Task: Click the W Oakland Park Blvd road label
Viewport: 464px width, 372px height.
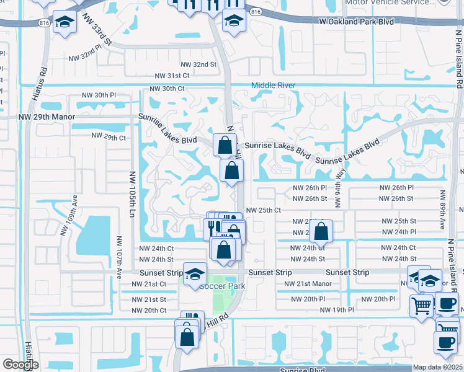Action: (x=357, y=22)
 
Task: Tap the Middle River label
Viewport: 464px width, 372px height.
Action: (x=274, y=86)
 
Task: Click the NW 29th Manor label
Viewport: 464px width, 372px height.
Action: (x=47, y=117)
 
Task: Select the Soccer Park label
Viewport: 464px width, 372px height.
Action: (x=222, y=286)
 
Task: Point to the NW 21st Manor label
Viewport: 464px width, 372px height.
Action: (x=308, y=283)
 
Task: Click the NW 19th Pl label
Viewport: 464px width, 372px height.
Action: (x=337, y=309)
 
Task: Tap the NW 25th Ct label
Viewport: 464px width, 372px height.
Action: (x=264, y=210)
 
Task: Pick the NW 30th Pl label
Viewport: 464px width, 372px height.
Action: (x=99, y=95)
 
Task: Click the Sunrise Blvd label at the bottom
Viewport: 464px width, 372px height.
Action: (x=302, y=370)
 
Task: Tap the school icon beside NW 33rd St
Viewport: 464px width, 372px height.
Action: (x=65, y=22)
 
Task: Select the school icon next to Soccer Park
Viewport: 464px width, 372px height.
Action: (x=195, y=273)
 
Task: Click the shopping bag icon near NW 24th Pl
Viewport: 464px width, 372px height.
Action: (x=321, y=232)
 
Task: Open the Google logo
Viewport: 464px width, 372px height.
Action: (x=20, y=365)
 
